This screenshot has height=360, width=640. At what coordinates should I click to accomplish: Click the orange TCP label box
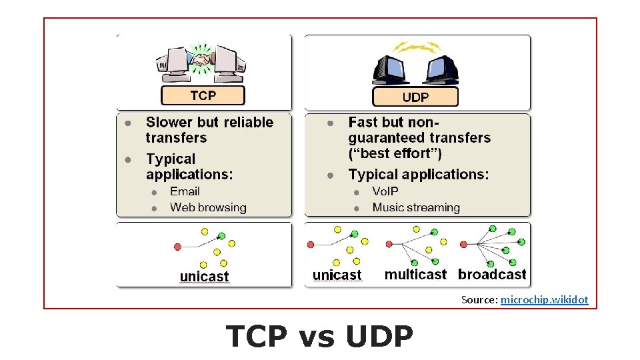(x=203, y=95)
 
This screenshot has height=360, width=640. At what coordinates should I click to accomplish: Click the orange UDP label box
(x=415, y=97)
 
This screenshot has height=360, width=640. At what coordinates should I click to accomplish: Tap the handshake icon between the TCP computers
(x=202, y=59)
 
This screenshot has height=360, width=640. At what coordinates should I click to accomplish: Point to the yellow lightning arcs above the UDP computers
(x=417, y=47)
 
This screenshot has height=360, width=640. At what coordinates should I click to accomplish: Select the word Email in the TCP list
(x=185, y=191)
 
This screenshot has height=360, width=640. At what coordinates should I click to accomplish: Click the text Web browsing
(x=208, y=207)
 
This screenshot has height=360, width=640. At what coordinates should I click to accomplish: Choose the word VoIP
(x=385, y=191)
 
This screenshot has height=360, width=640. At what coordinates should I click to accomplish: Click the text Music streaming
(x=416, y=207)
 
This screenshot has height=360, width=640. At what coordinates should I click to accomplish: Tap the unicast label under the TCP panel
(x=204, y=276)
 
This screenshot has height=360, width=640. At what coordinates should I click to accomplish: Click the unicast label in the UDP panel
(x=337, y=275)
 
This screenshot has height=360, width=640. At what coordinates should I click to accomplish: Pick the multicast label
(x=415, y=274)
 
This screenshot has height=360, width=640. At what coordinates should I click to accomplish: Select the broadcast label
(x=492, y=274)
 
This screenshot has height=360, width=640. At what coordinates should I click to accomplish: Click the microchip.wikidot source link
(x=544, y=300)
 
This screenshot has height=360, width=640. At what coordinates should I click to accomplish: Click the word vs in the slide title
(x=317, y=337)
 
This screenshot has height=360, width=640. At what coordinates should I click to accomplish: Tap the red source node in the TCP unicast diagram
(x=177, y=247)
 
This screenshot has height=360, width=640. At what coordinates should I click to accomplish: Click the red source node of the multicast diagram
(x=389, y=245)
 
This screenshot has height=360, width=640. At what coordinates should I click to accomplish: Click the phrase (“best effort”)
(x=395, y=153)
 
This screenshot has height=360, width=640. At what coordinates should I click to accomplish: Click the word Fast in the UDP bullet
(x=363, y=122)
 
